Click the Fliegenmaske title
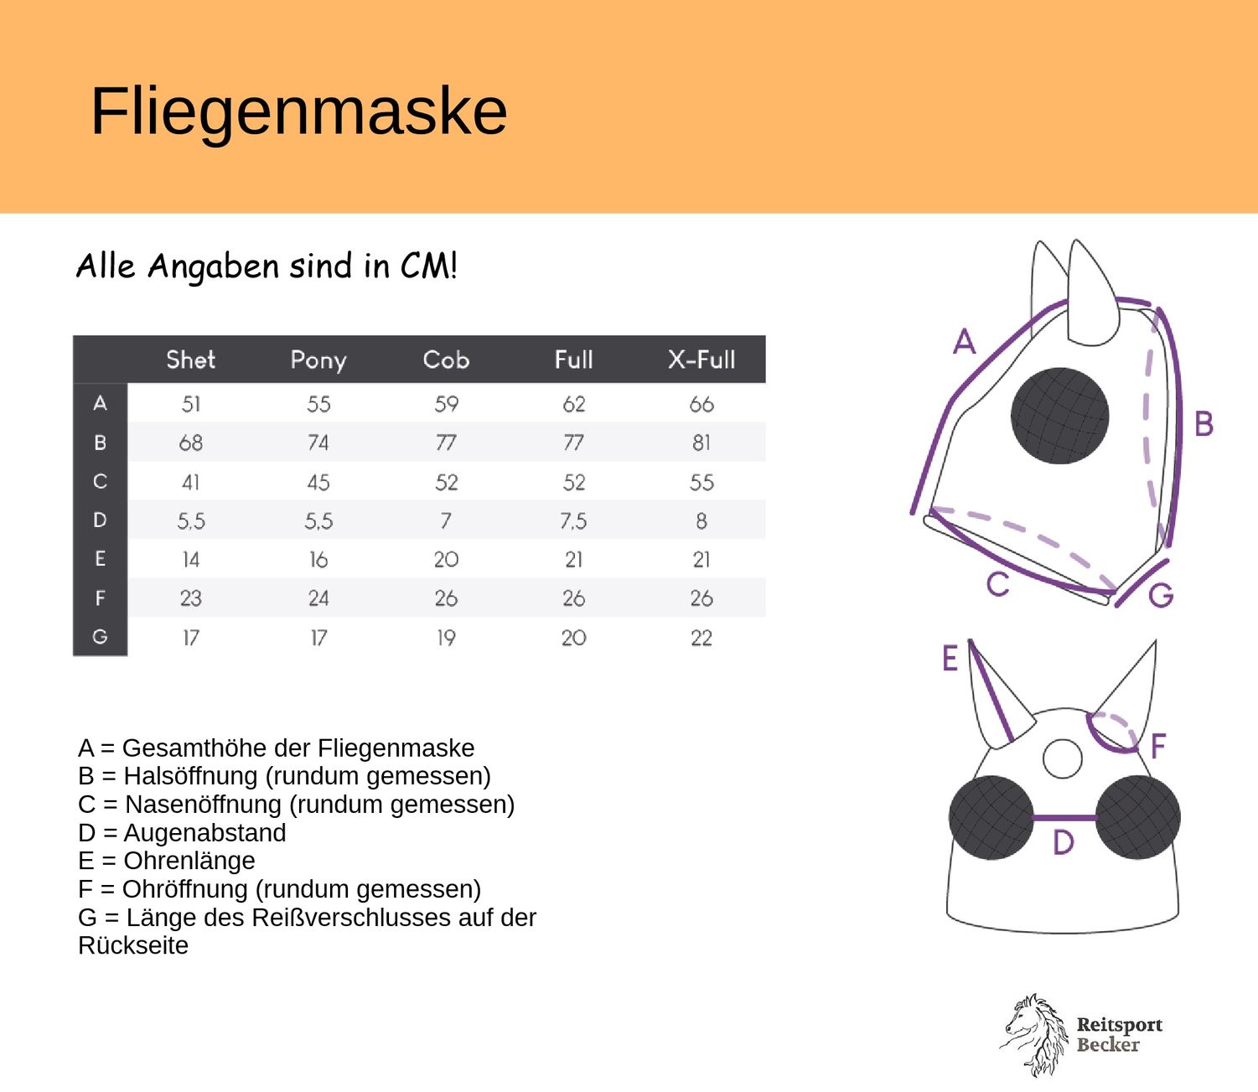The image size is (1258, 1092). [x=299, y=112]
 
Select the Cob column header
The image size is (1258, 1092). [x=446, y=360]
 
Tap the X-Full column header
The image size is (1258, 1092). [x=701, y=360]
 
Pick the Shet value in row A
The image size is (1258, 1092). [x=190, y=404]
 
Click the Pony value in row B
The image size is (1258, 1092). [x=318, y=442]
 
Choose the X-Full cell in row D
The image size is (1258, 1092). [x=701, y=520]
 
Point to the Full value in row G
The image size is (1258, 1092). [x=573, y=638]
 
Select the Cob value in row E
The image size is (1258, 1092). [x=446, y=560]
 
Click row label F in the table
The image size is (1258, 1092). [x=100, y=598]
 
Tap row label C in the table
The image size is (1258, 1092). [x=100, y=481]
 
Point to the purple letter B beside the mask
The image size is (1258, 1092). [x=1204, y=423]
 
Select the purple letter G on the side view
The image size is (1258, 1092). [x=1162, y=594]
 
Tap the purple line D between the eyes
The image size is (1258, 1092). [x=1064, y=818]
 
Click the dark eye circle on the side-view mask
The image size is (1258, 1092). [x=1059, y=416]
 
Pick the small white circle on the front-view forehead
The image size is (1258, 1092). [x=1063, y=758]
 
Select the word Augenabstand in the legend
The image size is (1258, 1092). [x=204, y=832]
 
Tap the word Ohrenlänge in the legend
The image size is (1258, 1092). [x=189, y=860]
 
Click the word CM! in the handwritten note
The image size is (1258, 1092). [x=428, y=266]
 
